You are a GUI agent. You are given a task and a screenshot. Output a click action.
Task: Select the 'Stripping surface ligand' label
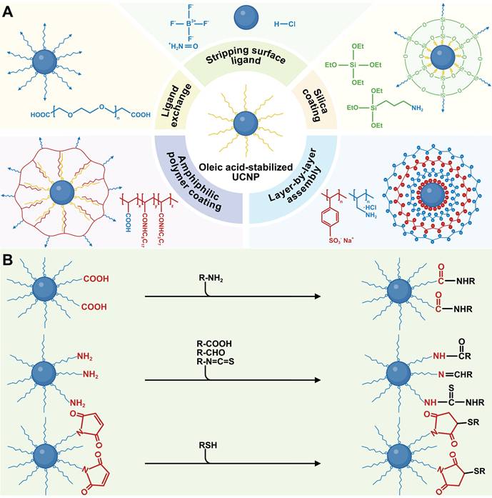pyautogui.click(x=246, y=70)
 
